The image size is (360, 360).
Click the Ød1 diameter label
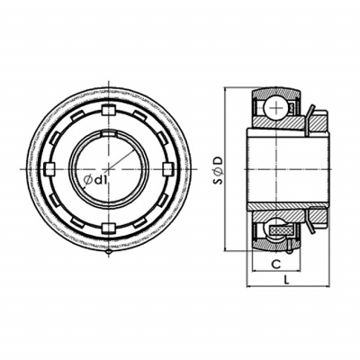pos(95,180)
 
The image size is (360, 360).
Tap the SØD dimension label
pos(220,170)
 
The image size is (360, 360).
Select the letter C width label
pos(276,265)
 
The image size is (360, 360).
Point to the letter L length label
pos(286,280)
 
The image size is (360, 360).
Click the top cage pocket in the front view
pos(109,111)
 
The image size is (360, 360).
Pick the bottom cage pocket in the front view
pos(109,229)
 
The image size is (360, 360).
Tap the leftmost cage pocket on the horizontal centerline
pos(49,169)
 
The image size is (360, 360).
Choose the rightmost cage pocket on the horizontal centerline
pos(167,169)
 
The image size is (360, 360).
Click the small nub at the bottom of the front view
pos(109,254)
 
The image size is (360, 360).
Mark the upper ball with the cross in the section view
pos(275,108)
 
